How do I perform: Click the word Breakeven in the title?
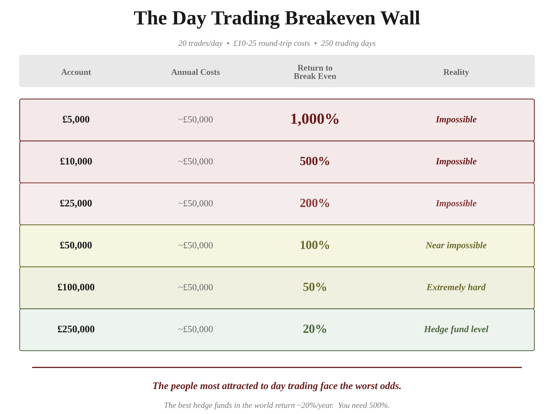pyautogui.click(x=330, y=18)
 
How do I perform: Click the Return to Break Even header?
pyautogui.click(x=315, y=72)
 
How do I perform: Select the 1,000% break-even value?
pyautogui.click(x=314, y=119)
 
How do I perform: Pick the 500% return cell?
pyautogui.click(x=314, y=161)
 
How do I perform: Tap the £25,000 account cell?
pyautogui.click(x=76, y=203)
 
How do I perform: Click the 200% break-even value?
pyautogui.click(x=314, y=203)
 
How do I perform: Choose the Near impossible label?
pyautogui.click(x=456, y=245)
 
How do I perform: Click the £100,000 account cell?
pyautogui.click(x=76, y=287)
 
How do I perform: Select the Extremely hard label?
pyautogui.click(x=456, y=287)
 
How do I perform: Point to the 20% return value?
pyautogui.click(x=314, y=329)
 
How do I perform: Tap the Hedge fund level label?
pyautogui.click(x=456, y=329)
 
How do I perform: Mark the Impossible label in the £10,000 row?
pyautogui.click(x=456, y=161)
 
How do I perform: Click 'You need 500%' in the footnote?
pyautogui.click(x=364, y=405)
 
